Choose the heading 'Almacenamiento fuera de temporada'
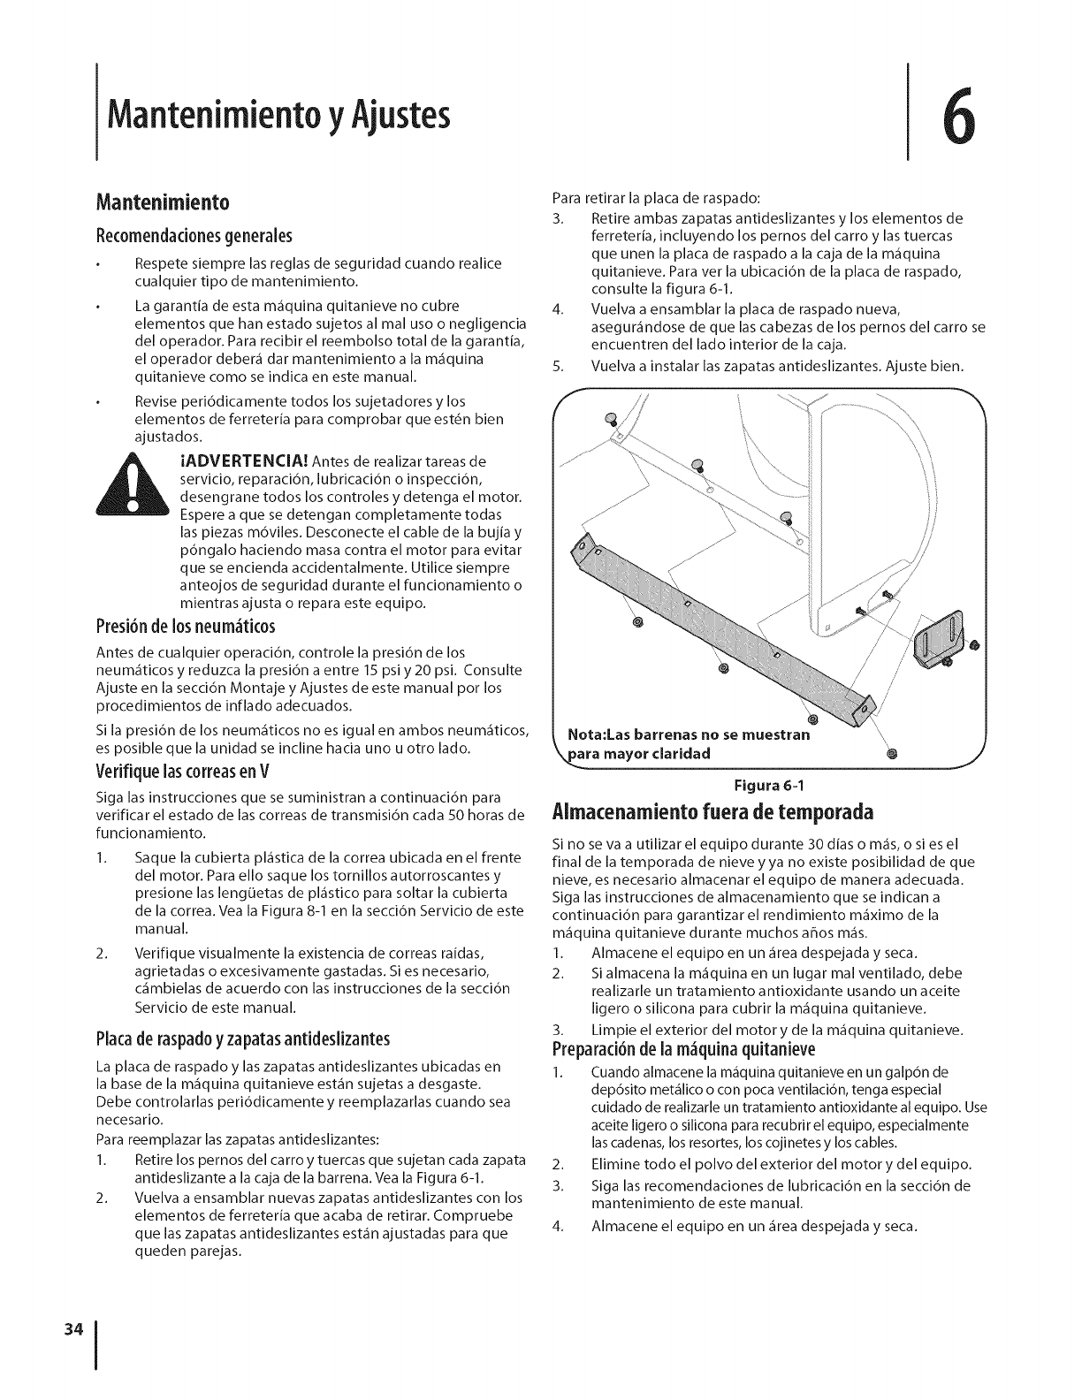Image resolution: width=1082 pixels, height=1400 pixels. pyautogui.click(x=712, y=811)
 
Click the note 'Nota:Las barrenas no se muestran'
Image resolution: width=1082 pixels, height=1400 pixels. pyautogui.click(x=689, y=735)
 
